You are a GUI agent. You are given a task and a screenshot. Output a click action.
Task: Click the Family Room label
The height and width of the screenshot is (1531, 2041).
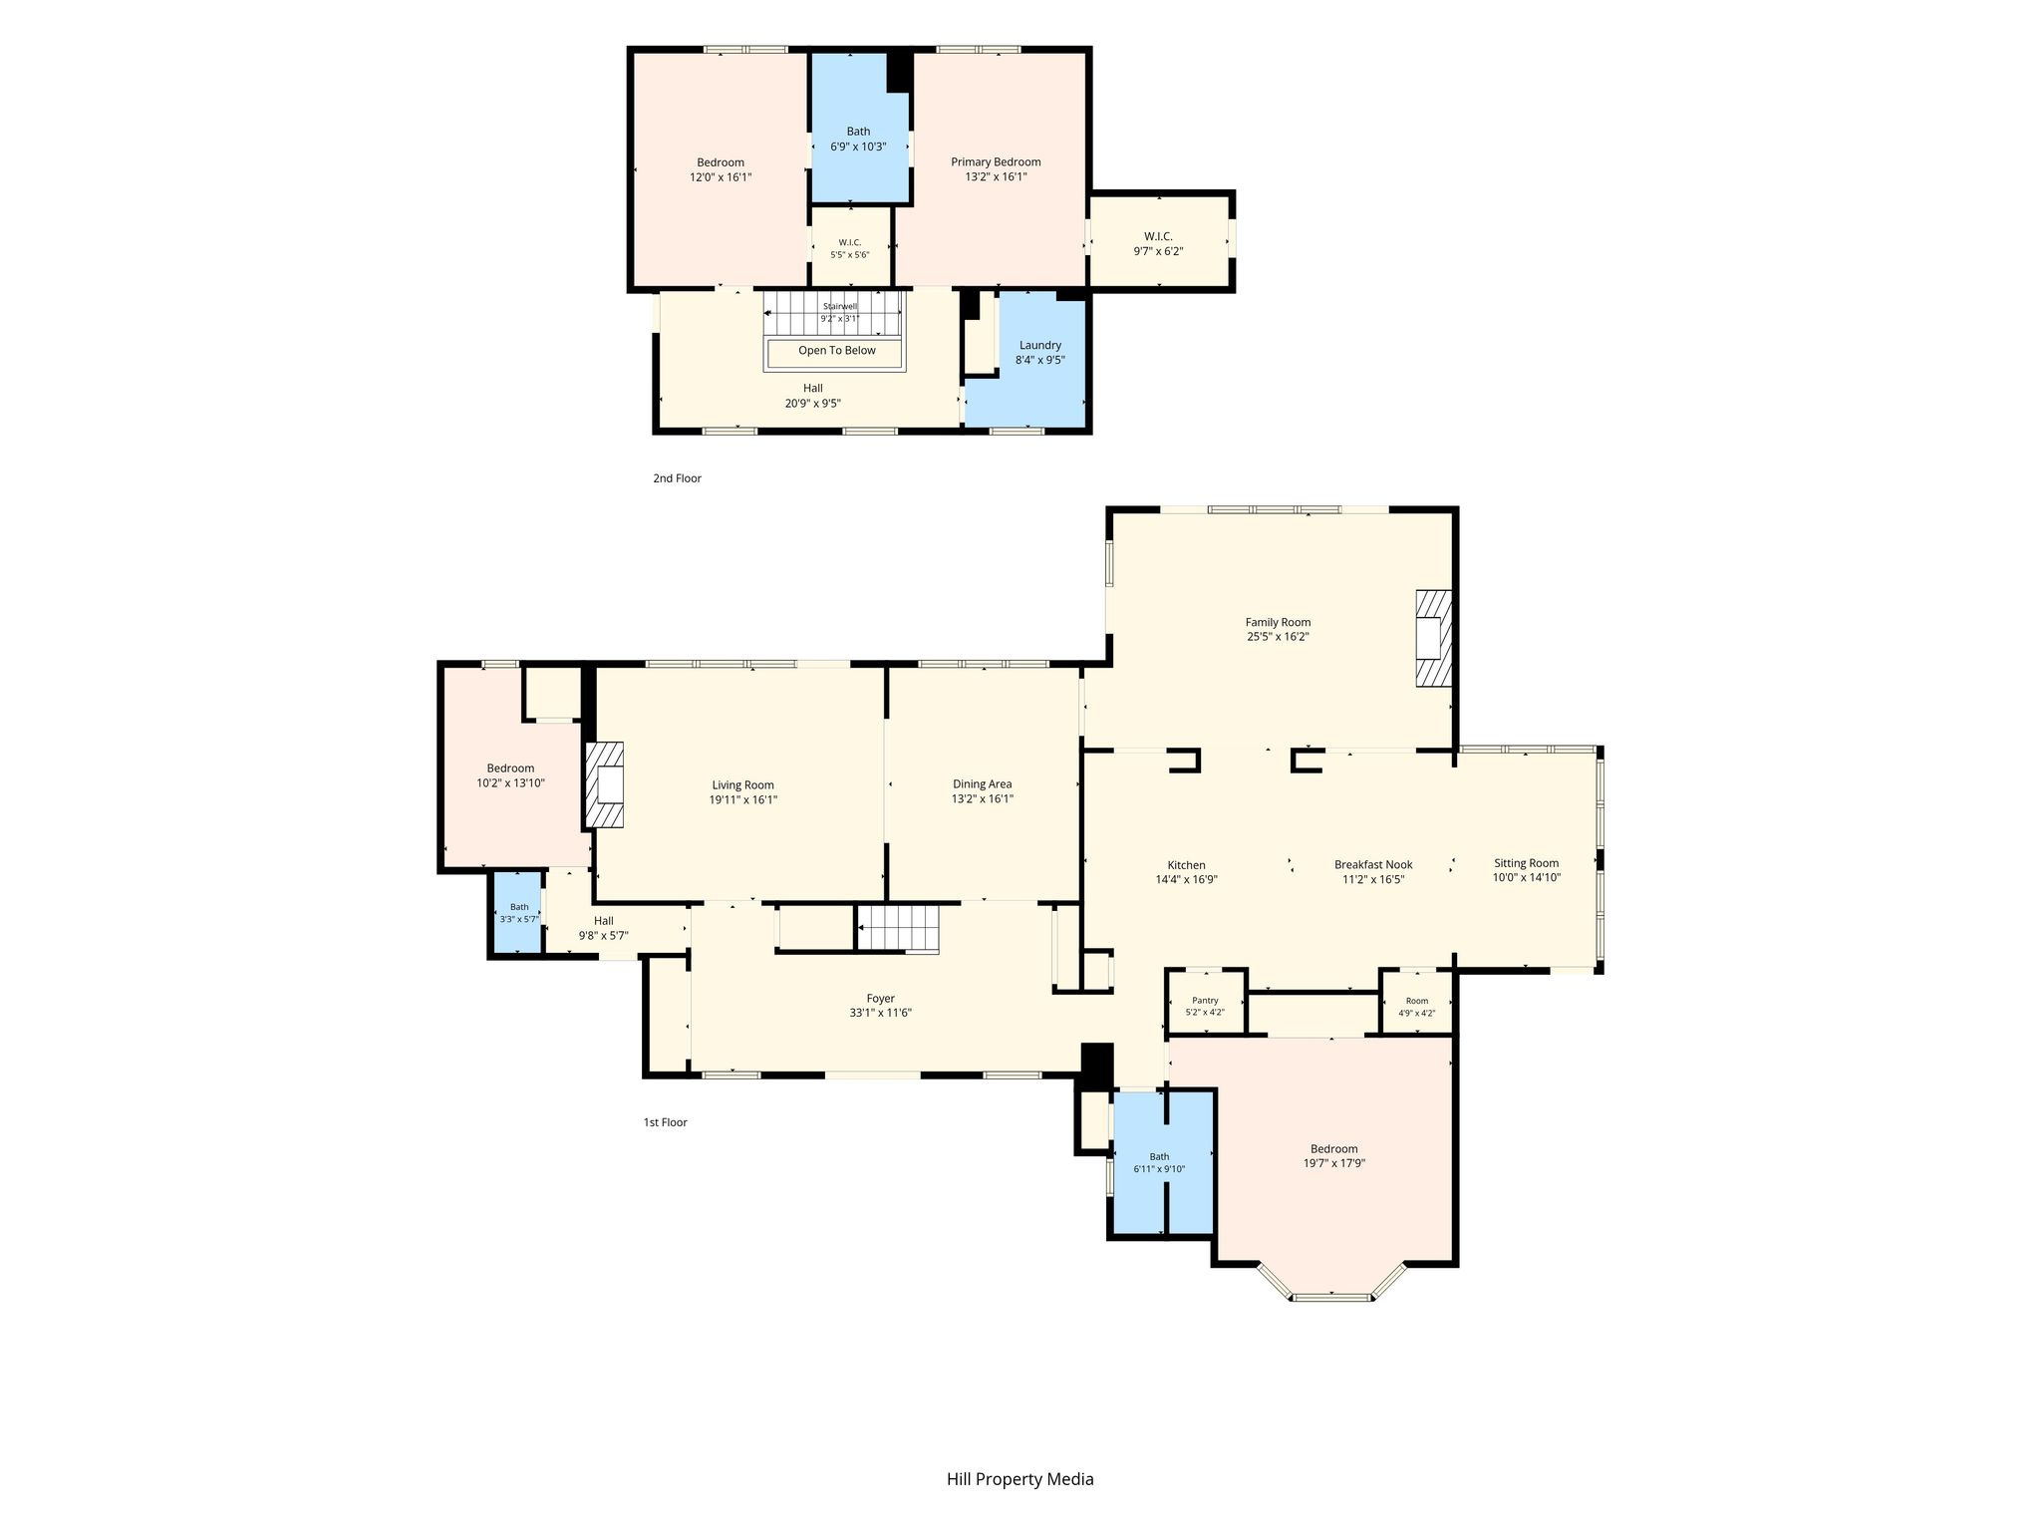point(1278,622)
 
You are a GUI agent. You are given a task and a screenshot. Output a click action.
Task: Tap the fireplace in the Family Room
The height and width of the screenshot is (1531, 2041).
point(1434,638)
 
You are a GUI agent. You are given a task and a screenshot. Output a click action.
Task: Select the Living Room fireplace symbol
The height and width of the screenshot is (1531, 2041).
point(604,784)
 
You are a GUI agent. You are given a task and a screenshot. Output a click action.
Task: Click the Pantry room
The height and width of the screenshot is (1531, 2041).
point(1206,1005)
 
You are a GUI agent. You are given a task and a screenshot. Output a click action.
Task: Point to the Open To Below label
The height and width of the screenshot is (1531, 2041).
point(837,350)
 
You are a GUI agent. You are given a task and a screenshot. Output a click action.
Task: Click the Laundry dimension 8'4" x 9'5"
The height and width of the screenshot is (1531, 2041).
point(1040,360)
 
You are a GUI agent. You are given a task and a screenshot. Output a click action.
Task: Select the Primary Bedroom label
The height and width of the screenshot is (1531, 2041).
point(996,161)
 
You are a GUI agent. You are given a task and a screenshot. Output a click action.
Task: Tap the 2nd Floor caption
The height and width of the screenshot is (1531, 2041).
point(677,478)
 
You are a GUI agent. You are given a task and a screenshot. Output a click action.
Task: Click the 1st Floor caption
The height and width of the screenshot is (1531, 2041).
point(665,1122)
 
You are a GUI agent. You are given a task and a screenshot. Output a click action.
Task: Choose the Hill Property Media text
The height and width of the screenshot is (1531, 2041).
point(1020,1479)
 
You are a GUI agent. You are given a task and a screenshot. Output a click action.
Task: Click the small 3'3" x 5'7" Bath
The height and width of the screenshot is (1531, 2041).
point(519,913)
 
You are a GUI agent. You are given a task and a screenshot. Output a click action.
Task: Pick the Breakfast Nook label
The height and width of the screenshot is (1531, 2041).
point(1373,864)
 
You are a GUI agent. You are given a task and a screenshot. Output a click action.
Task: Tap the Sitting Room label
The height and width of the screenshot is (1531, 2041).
point(1526,863)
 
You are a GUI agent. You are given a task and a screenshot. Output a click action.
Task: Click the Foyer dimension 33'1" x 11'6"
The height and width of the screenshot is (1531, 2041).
point(880,1013)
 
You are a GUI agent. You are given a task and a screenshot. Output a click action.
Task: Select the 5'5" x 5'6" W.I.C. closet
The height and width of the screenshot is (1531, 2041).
point(850,247)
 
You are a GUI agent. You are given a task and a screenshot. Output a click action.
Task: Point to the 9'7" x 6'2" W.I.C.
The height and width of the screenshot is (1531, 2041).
point(1158,242)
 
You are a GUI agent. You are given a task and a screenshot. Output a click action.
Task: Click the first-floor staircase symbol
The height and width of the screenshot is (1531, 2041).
point(899,928)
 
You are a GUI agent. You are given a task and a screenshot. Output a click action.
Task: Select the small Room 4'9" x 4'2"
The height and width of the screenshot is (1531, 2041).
point(1416,1005)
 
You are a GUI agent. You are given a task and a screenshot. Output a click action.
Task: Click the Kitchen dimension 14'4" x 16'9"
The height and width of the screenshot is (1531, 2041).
point(1186,879)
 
